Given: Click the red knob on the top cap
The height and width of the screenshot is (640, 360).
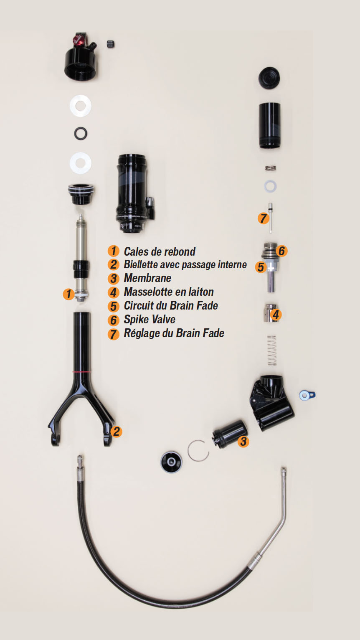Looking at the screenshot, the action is [x=78, y=40].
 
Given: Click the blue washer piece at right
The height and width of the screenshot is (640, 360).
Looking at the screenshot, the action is [x=307, y=395].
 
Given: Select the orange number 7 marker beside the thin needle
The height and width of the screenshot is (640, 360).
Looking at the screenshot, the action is [x=263, y=218].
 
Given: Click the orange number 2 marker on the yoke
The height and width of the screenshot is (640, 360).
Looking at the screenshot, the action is [x=116, y=432].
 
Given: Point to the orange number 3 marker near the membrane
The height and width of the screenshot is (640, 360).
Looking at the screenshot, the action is [x=243, y=442].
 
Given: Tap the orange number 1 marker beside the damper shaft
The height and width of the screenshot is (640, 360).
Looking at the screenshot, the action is [x=68, y=294].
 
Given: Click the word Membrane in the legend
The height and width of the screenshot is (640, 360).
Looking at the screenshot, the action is [x=147, y=278].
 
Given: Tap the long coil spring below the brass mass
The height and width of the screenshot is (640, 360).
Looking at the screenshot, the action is [x=272, y=350].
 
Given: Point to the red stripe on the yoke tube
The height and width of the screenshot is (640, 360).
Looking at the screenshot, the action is [x=82, y=372].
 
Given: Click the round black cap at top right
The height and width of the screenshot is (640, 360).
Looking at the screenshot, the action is [x=269, y=78].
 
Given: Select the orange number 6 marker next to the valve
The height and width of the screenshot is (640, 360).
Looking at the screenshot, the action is [x=281, y=251].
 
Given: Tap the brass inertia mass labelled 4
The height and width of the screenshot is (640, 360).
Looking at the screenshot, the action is [x=270, y=313].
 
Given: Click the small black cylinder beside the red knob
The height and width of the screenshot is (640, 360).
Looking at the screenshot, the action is [x=111, y=44].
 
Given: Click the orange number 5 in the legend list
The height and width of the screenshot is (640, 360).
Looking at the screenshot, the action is [x=114, y=306].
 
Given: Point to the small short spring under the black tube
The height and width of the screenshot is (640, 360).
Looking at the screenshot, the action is [x=270, y=168].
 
